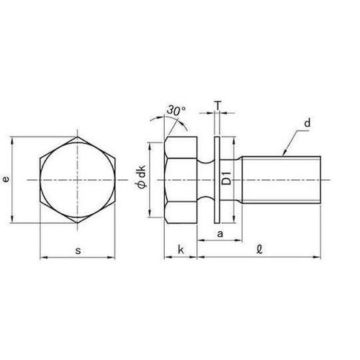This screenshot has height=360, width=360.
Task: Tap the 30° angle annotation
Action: (177, 111)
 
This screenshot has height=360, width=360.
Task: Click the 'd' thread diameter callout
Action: (307, 125)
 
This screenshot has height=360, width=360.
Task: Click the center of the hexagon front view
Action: (76, 179)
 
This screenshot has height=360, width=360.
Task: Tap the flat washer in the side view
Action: (218, 179)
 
